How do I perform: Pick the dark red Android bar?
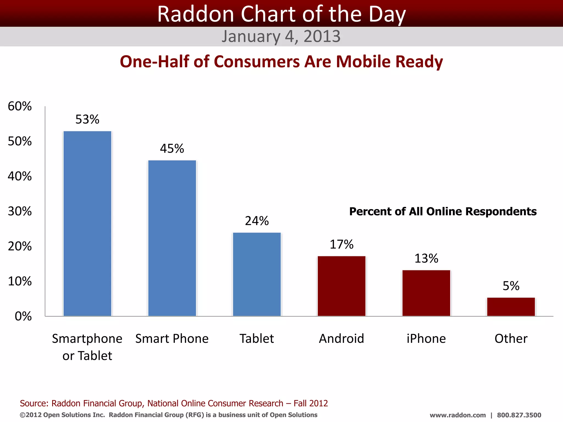click(341, 286)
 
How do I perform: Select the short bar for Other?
click(511, 307)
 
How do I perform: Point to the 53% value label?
click(87, 119)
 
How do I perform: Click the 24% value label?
click(257, 221)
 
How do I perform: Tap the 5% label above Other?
click(511, 286)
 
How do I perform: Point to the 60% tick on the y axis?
click(20, 106)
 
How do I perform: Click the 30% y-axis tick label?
click(20, 211)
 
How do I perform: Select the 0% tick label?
click(23, 316)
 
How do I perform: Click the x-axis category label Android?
click(341, 338)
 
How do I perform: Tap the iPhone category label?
click(426, 338)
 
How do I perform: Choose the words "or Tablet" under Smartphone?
click(87, 356)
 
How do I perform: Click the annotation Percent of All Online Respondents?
click(443, 212)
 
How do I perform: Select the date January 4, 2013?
click(281, 36)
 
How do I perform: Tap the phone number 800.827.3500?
click(519, 415)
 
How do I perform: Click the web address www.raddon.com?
click(457, 415)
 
